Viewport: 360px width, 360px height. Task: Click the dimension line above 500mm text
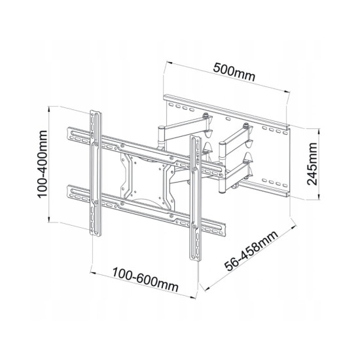[x=226, y=80]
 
